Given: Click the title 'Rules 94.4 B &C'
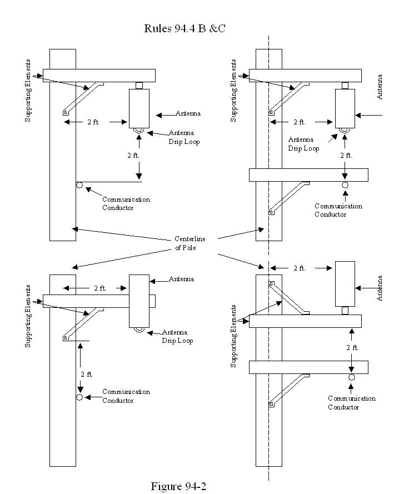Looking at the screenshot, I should tap(184, 28).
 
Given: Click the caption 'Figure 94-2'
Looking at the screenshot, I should tap(178, 486).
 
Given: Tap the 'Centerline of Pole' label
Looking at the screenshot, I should tap(189, 243).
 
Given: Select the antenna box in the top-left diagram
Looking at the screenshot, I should tap(139, 108).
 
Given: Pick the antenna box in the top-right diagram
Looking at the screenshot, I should tap(345, 108).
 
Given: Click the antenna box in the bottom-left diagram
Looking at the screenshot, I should tap(139, 301).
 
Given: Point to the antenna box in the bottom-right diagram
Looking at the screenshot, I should tap(345, 283).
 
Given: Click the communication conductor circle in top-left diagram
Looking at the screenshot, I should tap(79, 184).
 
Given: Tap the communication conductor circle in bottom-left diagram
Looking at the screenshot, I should tap(79, 397).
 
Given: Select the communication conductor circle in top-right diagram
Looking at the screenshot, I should tap(345, 185).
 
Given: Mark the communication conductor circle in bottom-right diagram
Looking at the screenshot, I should tap(352, 377).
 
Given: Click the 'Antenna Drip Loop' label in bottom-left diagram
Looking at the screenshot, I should tap(177, 336).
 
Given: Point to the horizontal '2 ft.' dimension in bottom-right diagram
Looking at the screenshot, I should tap(299, 268).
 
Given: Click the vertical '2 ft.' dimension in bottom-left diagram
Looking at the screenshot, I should tap(86, 374).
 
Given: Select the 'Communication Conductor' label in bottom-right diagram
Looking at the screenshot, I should tap(351, 403).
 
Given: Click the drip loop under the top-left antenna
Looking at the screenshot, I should tap(138, 131).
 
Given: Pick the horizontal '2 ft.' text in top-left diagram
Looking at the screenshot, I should tap(93, 122).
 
